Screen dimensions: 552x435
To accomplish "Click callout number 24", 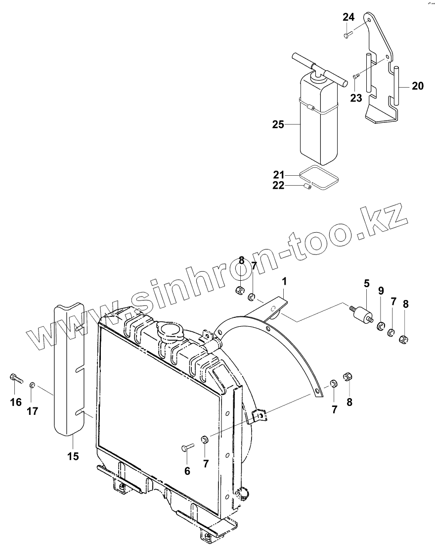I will coord(348,17).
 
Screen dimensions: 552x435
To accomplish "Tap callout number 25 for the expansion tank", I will coord(278,124).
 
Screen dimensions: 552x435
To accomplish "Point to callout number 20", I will coord(418,86).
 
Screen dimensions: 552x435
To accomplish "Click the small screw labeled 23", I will coord(355,76).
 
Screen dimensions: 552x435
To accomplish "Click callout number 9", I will coord(381,291).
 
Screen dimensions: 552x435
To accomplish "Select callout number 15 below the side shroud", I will coord(73,456).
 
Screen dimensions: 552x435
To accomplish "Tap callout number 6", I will coord(187,471).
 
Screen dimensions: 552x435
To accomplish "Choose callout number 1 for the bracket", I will coord(284,282).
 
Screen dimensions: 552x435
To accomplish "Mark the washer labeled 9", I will coord(382,326).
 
